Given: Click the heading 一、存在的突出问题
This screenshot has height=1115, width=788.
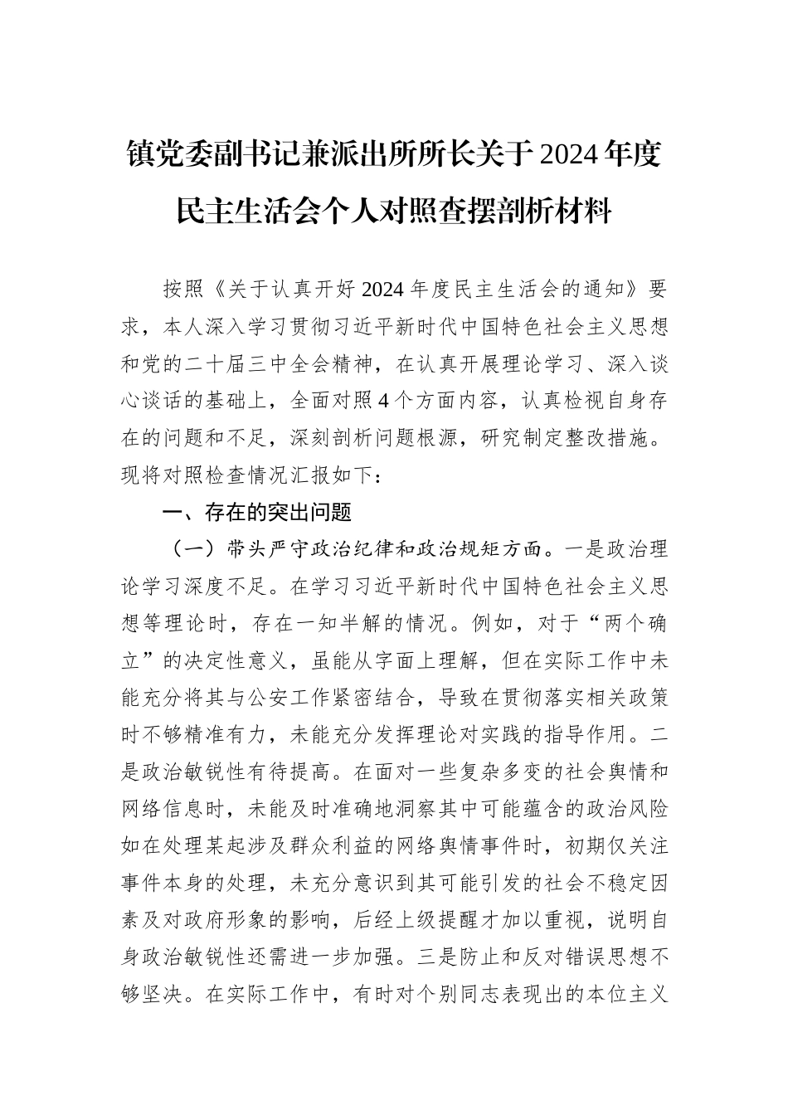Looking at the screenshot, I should coord(257,513).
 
